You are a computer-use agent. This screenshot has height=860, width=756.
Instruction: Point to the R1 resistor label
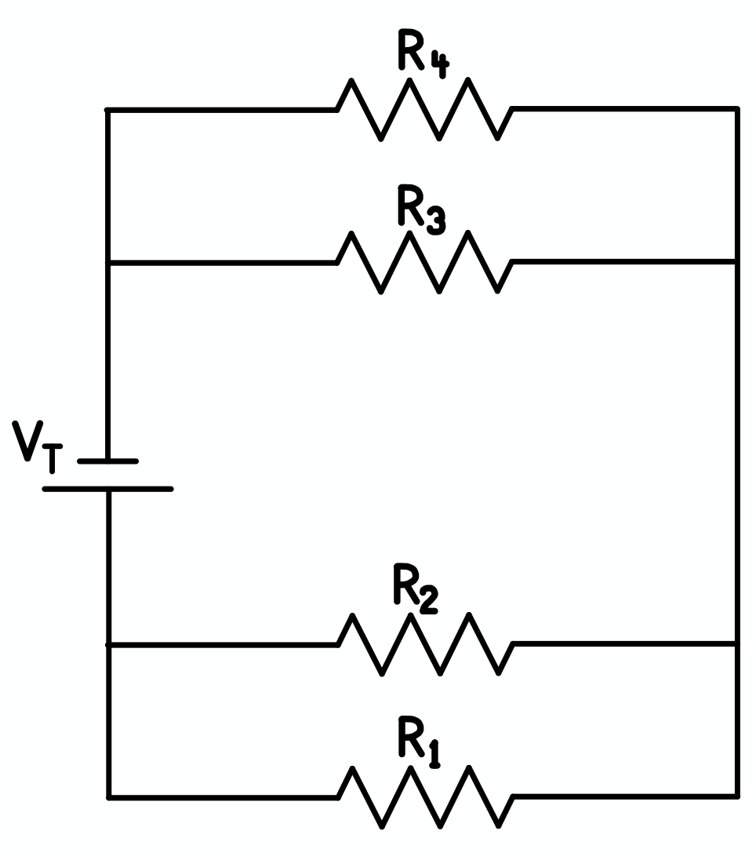pyautogui.click(x=418, y=740)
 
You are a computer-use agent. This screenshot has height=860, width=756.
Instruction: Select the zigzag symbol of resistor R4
pyautogui.click(x=424, y=109)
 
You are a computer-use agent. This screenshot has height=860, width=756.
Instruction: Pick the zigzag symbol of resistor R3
pyautogui.click(x=424, y=262)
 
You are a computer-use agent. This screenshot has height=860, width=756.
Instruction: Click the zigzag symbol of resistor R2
pyautogui.click(x=425, y=644)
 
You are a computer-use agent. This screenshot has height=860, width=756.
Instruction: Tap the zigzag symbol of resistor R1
pyautogui.click(x=425, y=796)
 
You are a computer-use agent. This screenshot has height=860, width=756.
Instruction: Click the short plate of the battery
pyautogui.click(x=108, y=461)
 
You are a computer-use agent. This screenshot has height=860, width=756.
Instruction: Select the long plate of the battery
pyautogui.click(x=108, y=489)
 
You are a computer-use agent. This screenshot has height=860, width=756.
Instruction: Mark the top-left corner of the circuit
pyautogui.click(x=108, y=110)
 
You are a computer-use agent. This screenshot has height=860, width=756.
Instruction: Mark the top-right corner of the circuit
pyautogui.click(x=736, y=110)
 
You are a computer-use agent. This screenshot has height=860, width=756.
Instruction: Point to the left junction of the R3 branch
pyautogui.click(x=108, y=263)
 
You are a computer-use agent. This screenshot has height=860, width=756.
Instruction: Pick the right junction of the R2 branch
pyautogui.click(x=736, y=643)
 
